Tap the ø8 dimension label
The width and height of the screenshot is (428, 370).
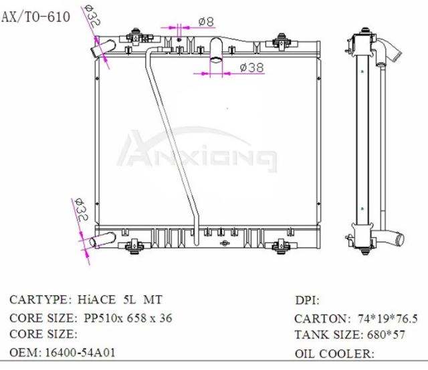[207, 22]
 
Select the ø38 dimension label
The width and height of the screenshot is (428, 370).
[251, 67]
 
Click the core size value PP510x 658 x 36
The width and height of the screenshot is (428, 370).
[128, 318]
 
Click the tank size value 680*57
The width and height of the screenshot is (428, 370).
[383, 335]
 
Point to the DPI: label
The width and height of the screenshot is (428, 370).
[307, 301]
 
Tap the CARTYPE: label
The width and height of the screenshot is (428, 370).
[36, 300]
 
